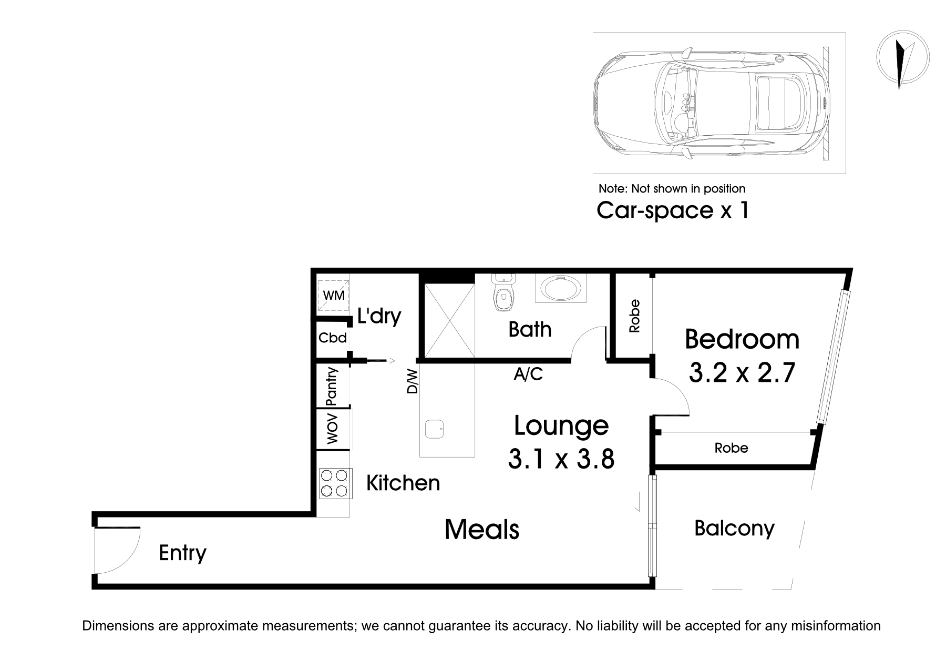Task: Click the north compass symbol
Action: (x=903, y=57)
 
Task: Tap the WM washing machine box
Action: (x=334, y=296)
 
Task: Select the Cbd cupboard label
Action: (x=333, y=338)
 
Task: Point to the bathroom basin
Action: (x=560, y=289)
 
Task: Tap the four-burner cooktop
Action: (x=335, y=483)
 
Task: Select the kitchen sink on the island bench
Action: (x=435, y=429)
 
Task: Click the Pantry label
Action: (x=332, y=387)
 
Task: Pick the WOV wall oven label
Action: (x=333, y=429)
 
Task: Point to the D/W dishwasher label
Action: (x=413, y=382)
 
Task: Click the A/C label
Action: (x=528, y=374)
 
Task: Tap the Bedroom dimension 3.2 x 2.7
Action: (x=742, y=373)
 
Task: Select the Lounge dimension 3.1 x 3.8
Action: (x=561, y=459)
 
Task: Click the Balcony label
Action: (x=734, y=528)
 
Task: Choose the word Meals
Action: (x=482, y=529)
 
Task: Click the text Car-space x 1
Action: (x=672, y=210)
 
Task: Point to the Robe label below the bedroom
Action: (x=731, y=448)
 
